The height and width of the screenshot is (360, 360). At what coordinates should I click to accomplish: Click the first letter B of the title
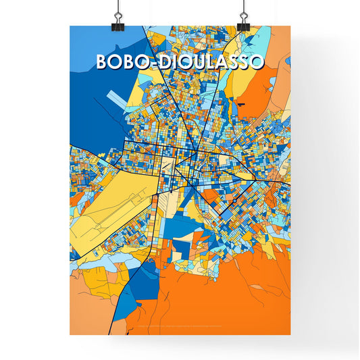click(x=103, y=61)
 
